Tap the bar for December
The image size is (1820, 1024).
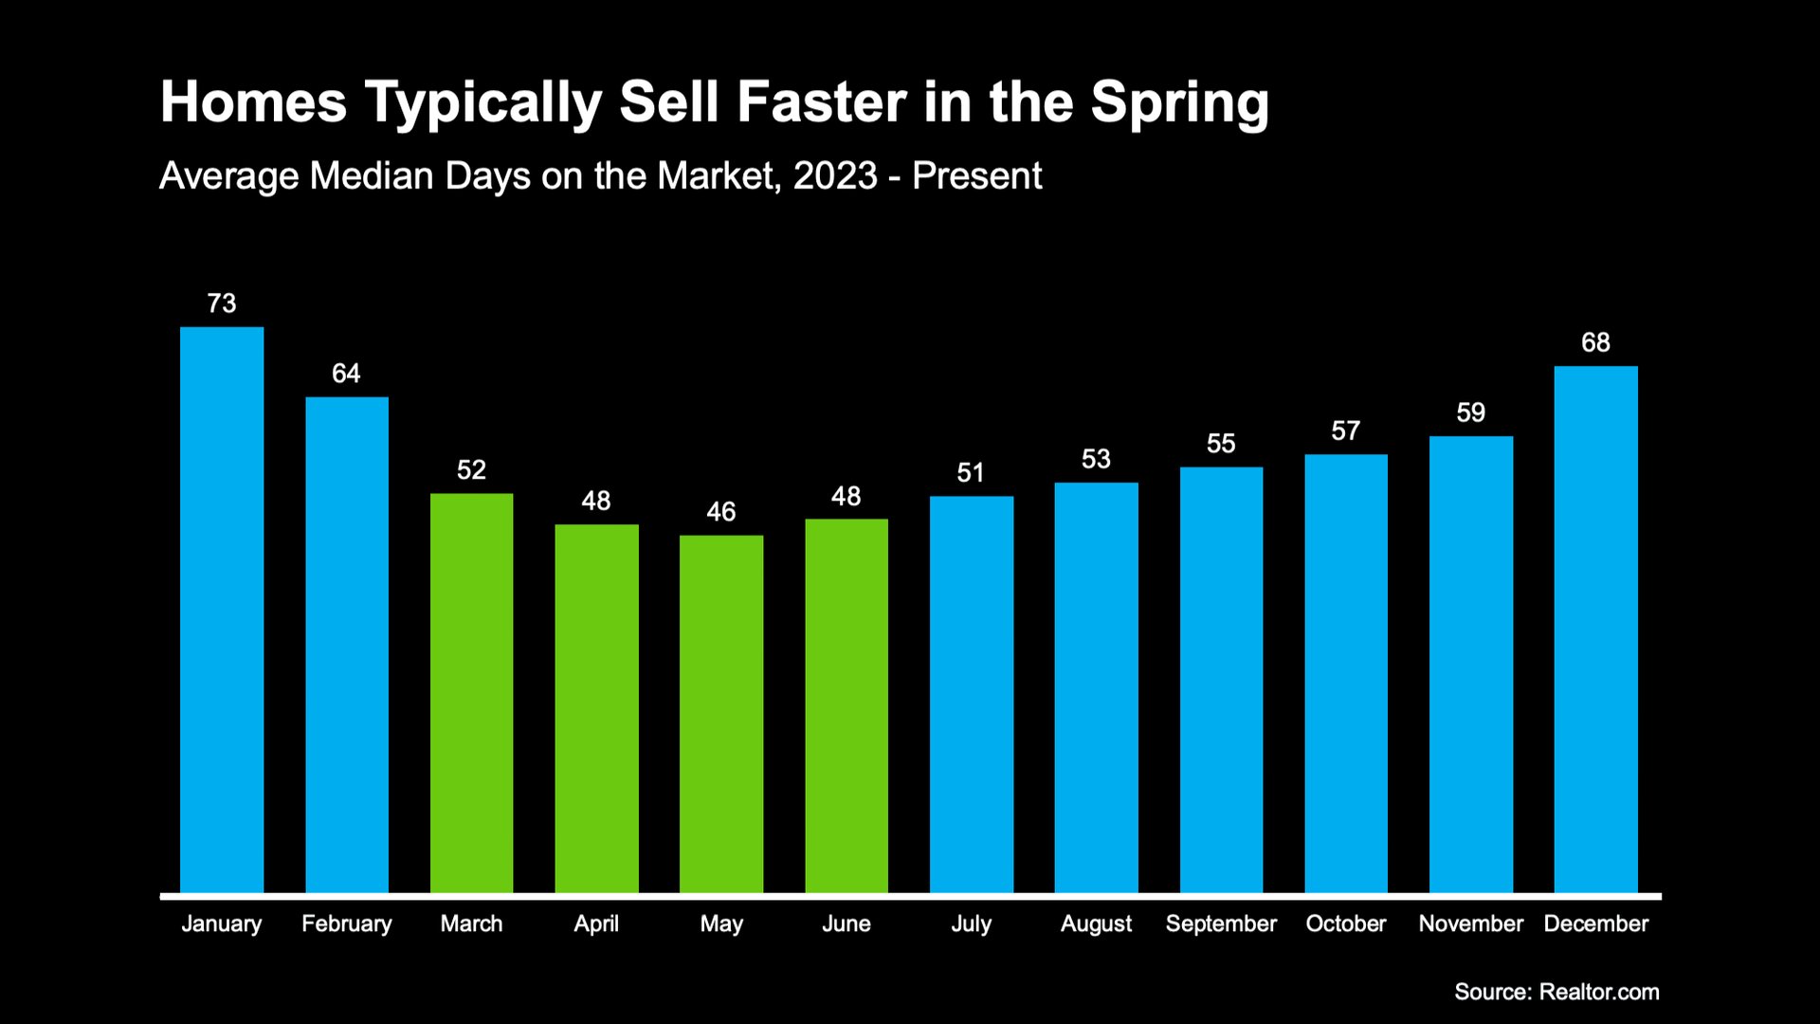pos(1595,630)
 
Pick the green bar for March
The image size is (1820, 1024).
pos(471,693)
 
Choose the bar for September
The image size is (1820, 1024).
pos(1221,680)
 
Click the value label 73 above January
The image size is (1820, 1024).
pos(222,303)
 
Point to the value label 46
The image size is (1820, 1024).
pos(721,512)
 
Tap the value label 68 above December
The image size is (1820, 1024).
pos(1595,342)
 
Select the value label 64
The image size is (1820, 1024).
pos(346,374)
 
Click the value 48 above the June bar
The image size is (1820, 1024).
pos(846,496)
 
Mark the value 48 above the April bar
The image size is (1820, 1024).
pos(596,501)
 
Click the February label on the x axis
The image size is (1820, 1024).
pos(346,923)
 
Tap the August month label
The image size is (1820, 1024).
pos(1096,923)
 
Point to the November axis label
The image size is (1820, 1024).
pos(1470,923)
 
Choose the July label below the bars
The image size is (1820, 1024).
pos(971,923)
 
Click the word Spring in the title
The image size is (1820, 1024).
pos(1179,102)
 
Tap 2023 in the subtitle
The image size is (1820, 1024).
pos(835,176)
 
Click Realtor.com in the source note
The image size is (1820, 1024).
pos(1599,992)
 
